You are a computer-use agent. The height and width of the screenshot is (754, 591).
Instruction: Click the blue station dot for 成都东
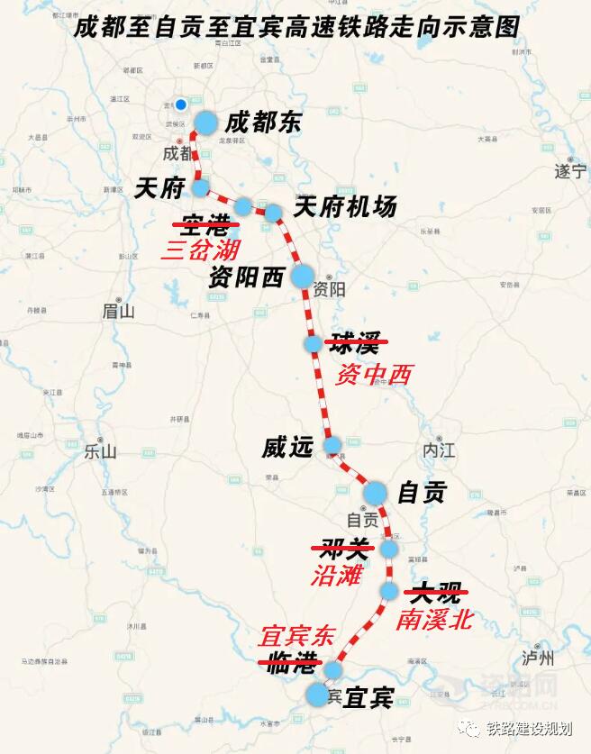point(206,123)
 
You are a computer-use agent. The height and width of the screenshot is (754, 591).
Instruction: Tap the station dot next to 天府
point(201,187)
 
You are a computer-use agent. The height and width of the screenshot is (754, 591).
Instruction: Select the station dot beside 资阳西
point(302,276)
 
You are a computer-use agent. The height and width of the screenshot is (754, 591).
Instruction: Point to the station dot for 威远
point(332,445)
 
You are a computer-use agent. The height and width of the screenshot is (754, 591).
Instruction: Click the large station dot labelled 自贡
point(375,493)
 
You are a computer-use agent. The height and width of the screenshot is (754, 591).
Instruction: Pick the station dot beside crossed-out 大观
point(389,591)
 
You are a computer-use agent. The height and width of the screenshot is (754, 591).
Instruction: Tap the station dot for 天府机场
point(273,213)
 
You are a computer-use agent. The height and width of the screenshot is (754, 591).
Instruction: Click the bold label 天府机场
point(345,207)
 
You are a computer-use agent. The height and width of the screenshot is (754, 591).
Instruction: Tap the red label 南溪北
point(433,620)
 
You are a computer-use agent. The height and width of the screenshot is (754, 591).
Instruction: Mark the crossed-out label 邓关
point(340,548)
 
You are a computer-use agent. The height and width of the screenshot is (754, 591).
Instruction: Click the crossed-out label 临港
point(289,665)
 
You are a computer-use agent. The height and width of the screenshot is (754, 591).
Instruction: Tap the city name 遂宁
point(569,170)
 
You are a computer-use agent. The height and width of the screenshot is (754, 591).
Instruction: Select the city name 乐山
point(100,451)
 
